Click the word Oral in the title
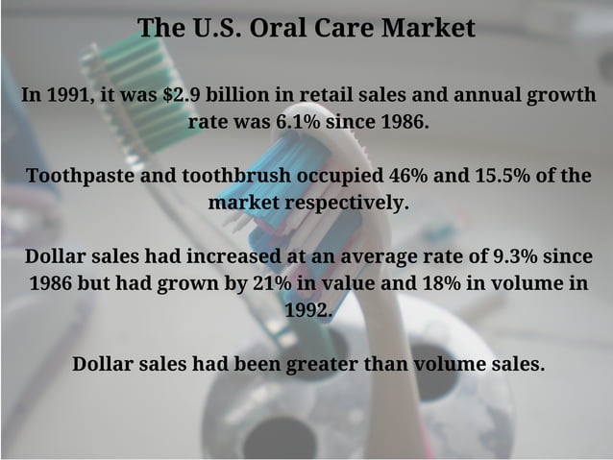point(277,28)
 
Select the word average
point(385,257)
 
